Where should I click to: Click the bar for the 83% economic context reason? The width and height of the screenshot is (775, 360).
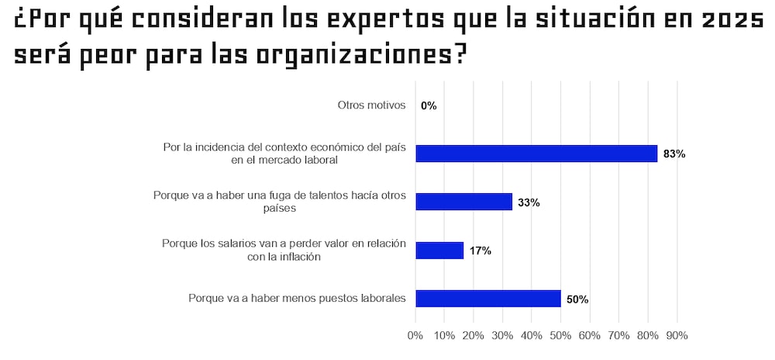point(536,154)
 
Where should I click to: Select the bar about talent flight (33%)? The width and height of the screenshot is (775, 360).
point(464,202)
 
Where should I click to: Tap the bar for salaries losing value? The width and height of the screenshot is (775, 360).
point(439,251)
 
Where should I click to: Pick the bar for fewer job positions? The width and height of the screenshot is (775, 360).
point(488,299)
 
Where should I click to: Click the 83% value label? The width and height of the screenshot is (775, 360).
point(674,154)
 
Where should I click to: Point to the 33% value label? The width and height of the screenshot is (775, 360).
point(529,202)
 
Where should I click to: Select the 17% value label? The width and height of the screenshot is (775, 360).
point(480,251)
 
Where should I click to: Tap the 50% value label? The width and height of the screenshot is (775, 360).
point(577,299)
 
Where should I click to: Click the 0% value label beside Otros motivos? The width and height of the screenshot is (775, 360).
point(429,106)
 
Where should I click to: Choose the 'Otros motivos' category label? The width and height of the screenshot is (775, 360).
point(372,106)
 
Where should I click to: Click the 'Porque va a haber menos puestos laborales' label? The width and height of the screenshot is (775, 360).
point(298,299)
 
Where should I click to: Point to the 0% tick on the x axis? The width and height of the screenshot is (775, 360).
point(415,336)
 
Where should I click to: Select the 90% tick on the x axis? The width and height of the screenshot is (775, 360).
point(677,336)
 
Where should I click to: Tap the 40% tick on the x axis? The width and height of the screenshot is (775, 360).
point(532,336)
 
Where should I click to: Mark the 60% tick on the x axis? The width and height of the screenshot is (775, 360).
point(590,336)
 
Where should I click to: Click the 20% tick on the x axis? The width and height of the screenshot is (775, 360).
point(474,336)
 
